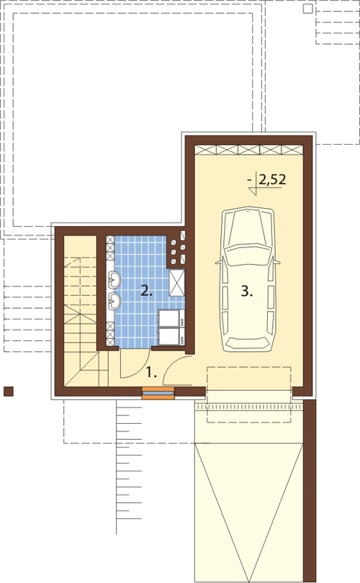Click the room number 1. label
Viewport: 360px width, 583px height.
click(151, 373)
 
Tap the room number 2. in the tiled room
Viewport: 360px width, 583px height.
click(147, 291)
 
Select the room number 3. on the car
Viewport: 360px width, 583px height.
click(246, 291)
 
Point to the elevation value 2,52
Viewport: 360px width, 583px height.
click(272, 180)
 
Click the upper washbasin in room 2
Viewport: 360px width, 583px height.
click(114, 280)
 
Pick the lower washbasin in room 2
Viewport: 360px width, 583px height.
click(114, 301)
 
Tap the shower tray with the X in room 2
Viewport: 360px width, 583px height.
click(176, 283)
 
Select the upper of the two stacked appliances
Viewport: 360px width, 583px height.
click(171, 319)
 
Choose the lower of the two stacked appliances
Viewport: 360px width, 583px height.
click(171, 336)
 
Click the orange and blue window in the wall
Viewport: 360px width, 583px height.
click(158, 393)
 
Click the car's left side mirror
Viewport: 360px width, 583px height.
click(220, 261)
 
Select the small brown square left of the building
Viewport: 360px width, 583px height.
click(8, 392)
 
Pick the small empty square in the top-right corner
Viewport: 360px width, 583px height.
click(307, 9)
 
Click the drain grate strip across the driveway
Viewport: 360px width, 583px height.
click(248, 407)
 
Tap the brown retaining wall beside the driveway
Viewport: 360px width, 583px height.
click(310, 491)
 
